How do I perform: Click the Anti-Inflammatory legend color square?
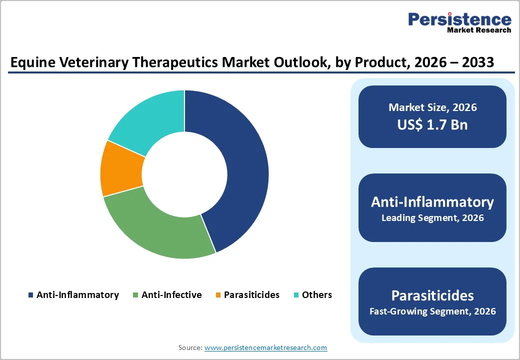(x=31, y=295)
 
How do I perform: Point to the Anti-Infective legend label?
(x=171, y=295)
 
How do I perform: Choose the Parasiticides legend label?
(x=251, y=295)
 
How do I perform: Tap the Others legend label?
(x=317, y=295)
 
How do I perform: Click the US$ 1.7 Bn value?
(x=432, y=124)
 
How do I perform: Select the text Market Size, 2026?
(x=432, y=107)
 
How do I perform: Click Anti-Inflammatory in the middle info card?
(x=432, y=202)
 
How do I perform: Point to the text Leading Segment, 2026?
(x=432, y=218)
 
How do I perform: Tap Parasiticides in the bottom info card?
(x=432, y=295)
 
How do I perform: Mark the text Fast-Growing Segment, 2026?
(x=432, y=311)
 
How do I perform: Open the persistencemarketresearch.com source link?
(x=266, y=347)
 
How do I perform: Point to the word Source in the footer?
(x=190, y=347)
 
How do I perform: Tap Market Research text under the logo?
(x=479, y=30)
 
